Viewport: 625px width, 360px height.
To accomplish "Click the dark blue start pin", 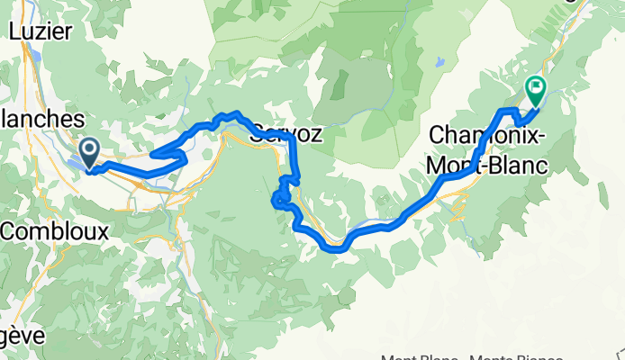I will (90, 150).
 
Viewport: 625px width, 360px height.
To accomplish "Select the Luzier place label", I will (40, 30).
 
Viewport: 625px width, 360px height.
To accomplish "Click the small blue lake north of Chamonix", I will (439, 62).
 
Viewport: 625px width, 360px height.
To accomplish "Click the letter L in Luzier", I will (14, 30).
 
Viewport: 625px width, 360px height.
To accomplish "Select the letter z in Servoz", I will (315, 135).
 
